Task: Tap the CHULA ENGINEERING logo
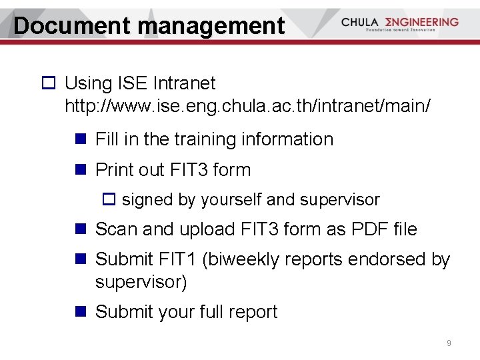click(x=399, y=23)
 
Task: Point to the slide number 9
click(x=449, y=343)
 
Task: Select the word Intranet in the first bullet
click(x=184, y=83)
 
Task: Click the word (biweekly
click(x=237, y=259)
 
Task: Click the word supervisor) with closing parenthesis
click(x=141, y=282)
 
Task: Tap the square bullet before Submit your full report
click(x=81, y=312)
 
